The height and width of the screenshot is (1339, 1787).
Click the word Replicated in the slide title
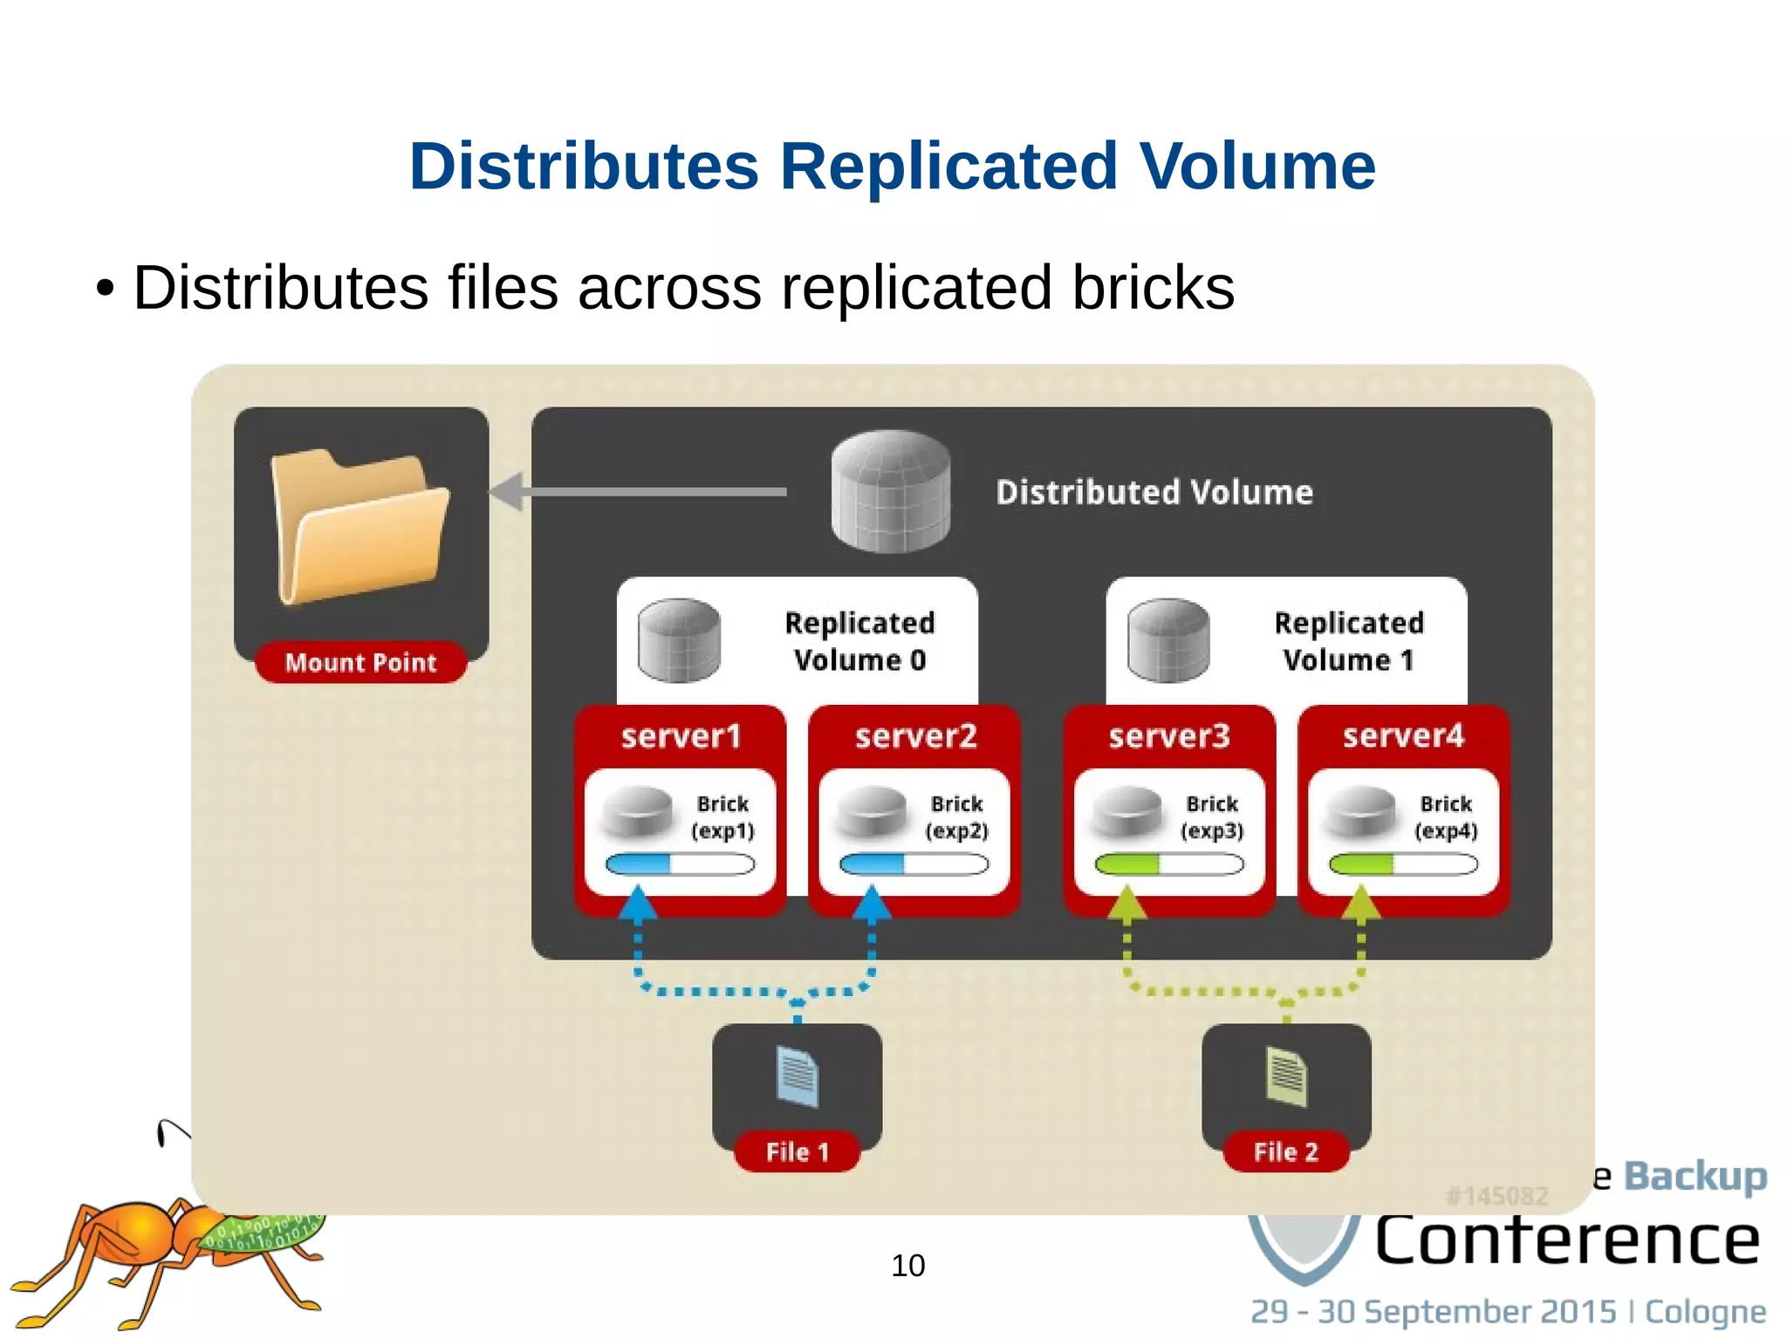click(x=948, y=166)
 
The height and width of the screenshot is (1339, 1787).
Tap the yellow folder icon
click(x=359, y=526)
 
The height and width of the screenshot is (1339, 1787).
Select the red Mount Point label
click(x=360, y=662)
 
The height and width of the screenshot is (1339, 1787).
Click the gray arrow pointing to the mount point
click(x=637, y=492)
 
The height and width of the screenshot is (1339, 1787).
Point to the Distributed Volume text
click(x=1154, y=492)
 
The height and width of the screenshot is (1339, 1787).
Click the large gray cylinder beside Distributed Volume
click(x=890, y=491)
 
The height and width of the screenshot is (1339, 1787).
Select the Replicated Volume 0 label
click(x=859, y=641)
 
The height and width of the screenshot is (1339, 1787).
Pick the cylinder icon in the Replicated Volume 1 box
click(x=1167, y=640)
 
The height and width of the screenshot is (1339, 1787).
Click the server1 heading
click(x=681, y=736)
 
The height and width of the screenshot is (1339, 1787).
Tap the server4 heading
click(x=1403, y=736)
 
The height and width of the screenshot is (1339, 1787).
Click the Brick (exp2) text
click(x=956, y=816)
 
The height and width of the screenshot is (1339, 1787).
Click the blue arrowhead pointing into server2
click(x=872, y=905)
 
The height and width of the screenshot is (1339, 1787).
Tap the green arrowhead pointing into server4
click(x=1360, y=905)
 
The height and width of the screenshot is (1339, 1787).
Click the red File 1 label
click(x=797, y=1151)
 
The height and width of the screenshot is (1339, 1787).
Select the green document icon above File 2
click(x=1286, y=1077)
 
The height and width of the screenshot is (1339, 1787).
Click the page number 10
click(x=907, y=1265)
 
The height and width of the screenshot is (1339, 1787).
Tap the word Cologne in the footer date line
click(x=1705, y=1311)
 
